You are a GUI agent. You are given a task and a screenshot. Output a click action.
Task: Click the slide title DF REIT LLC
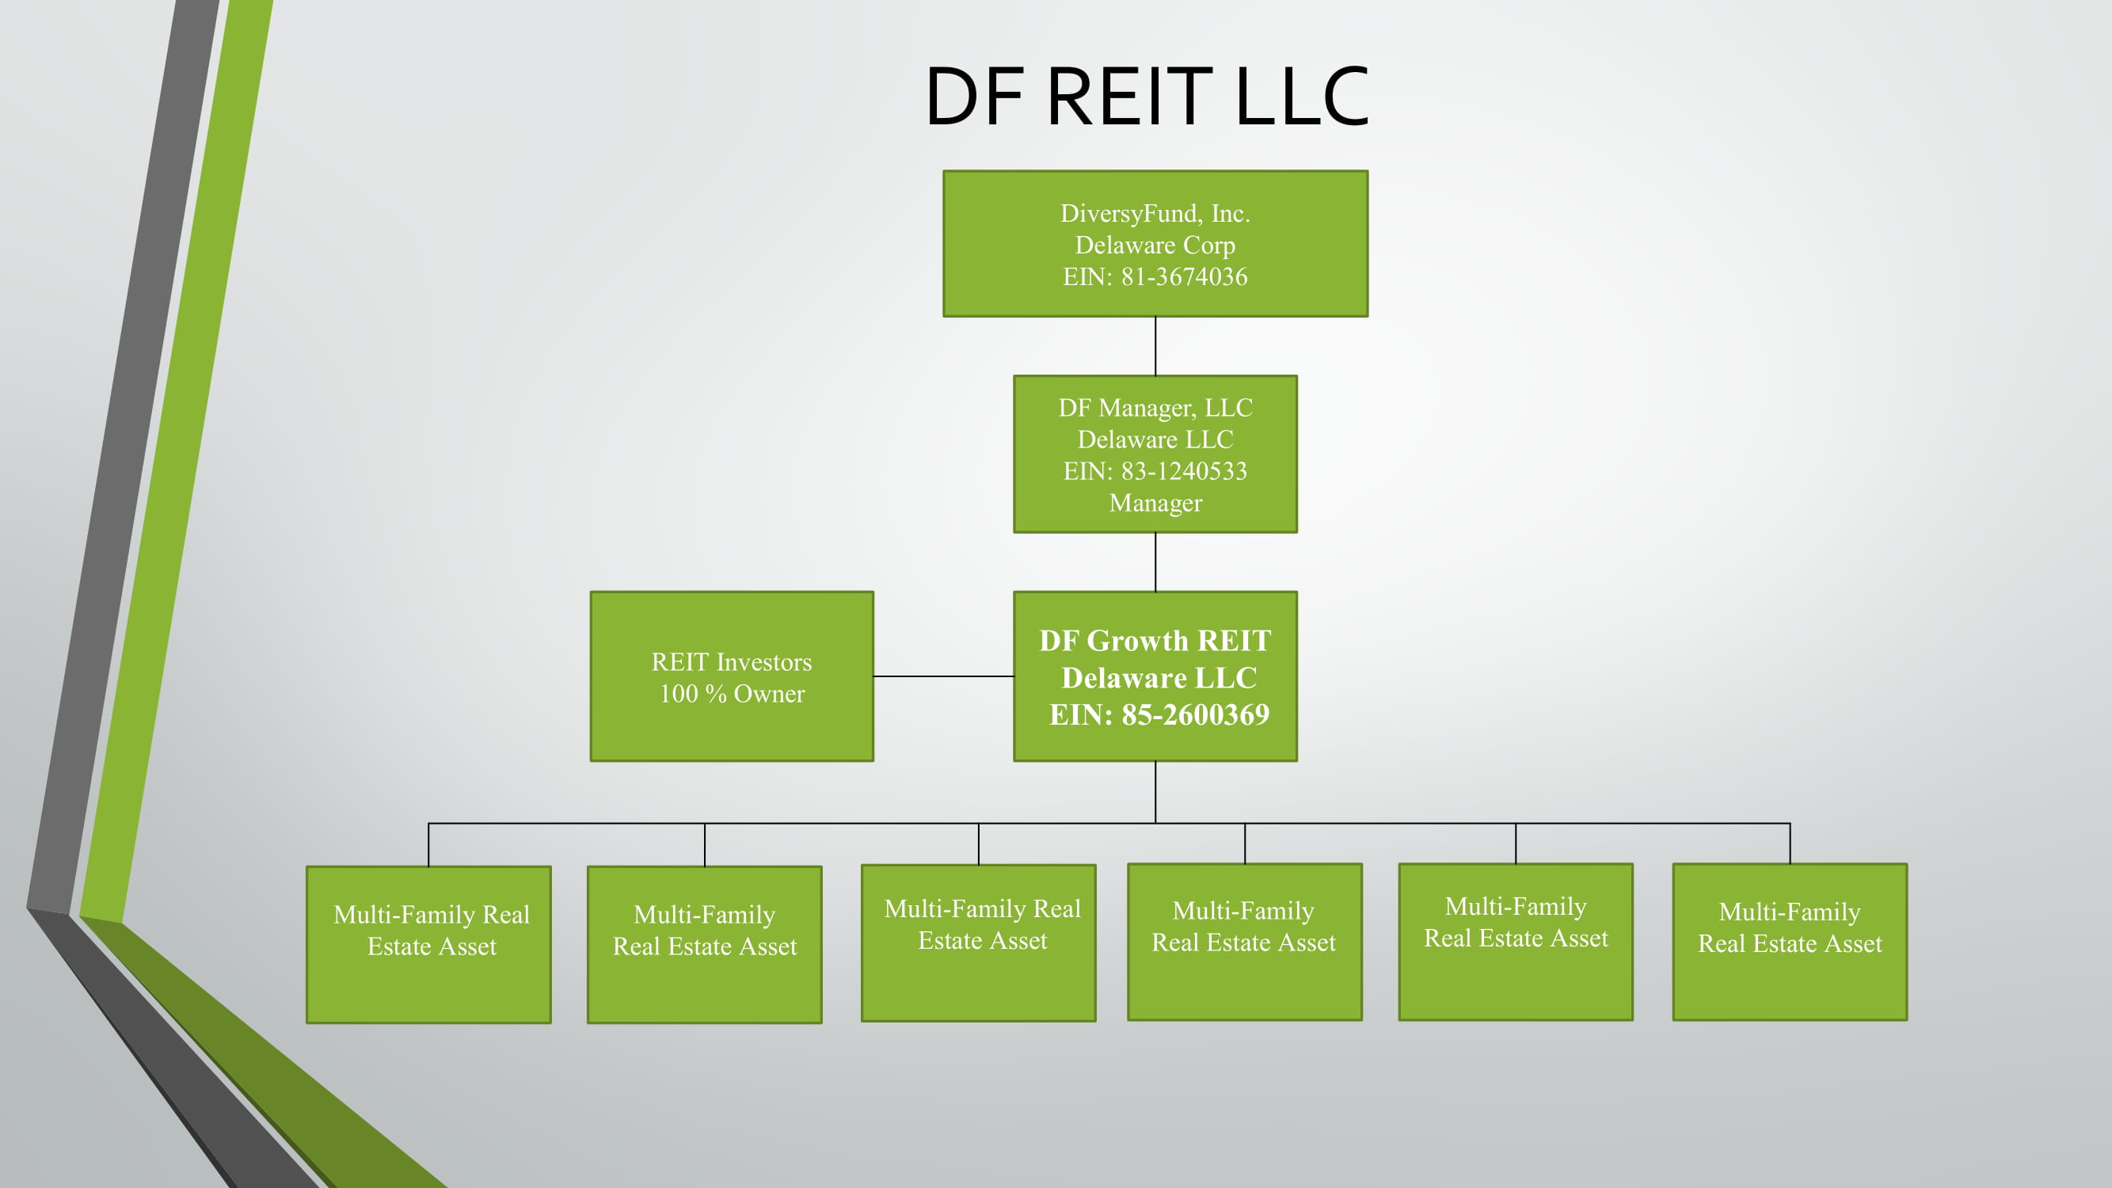1146,97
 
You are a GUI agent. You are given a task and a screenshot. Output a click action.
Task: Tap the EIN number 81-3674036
1183,277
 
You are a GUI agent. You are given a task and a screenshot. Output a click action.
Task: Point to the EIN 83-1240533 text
1183,471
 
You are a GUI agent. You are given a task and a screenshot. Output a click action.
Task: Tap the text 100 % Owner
732,695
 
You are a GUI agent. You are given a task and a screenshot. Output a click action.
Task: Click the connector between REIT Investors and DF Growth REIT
943,676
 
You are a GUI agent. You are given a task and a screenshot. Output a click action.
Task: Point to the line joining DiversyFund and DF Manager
1155,346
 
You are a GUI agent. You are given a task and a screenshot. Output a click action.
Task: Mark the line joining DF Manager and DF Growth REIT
1155,562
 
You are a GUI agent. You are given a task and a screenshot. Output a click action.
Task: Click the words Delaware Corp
1155,246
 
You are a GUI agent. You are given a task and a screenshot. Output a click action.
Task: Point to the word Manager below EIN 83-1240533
1155,504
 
